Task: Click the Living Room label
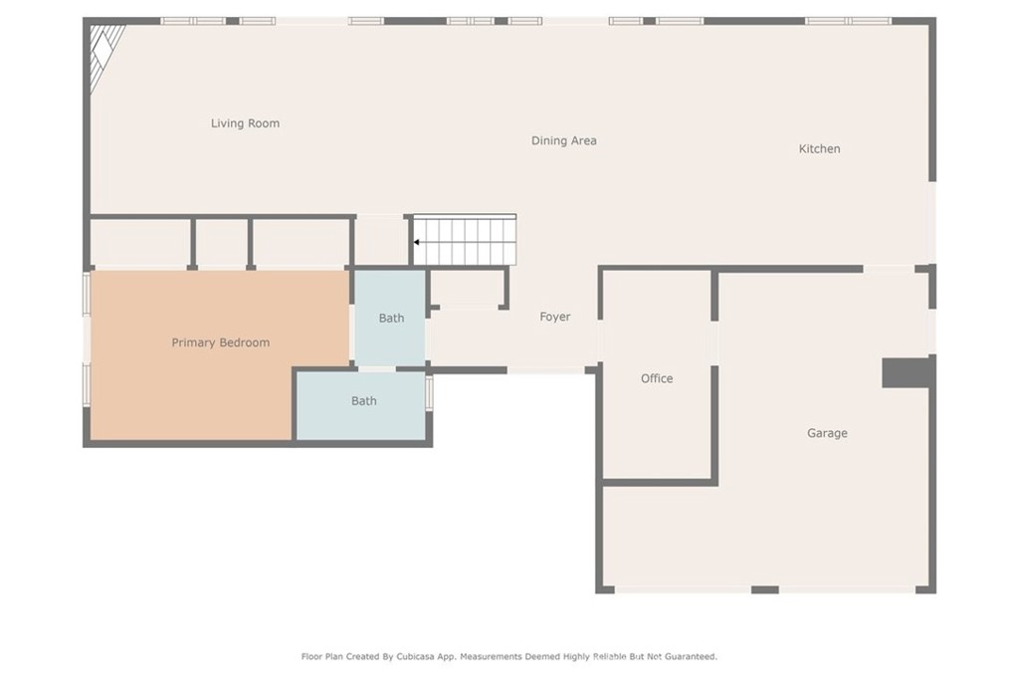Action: [x=245, y=123]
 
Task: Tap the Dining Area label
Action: [x=564, y=140]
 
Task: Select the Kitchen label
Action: [x=820, y=149]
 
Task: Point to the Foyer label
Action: [x=555, y=317]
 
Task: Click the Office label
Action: [x=657, y=378]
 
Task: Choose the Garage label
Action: [x=827, y=433]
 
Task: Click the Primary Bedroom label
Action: [x=220, y=342]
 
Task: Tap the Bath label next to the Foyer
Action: [x=391, y=318]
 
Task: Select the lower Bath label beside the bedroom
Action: [x=364, y=401]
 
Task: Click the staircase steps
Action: [x=465, y=240]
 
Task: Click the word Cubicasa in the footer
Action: [x=416, y=656]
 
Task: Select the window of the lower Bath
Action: [x=429, y=392]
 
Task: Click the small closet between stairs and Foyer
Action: [x=468, y=287]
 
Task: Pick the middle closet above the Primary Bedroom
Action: [x=222, y=242]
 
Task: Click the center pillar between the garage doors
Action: [x=765, y=589]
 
